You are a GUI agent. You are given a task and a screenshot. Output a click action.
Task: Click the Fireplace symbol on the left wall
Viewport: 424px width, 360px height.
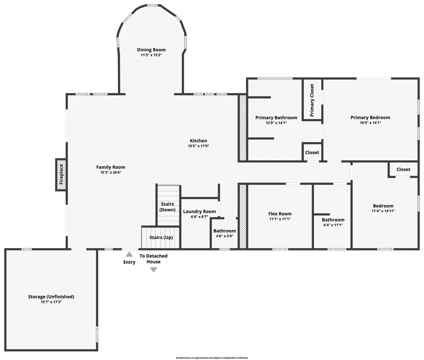coord(61,174)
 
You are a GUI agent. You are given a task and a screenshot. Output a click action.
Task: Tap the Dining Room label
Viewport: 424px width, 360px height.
coord(152,50)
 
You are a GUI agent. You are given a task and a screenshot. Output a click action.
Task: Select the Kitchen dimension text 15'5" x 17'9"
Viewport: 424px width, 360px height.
coord(198,146)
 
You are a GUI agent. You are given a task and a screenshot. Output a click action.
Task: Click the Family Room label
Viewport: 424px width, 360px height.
coord(111,167)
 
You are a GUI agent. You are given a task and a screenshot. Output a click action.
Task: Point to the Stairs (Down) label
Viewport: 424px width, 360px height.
coord(167,207)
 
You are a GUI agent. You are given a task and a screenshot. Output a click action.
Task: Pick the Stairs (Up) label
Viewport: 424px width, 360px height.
coord(161,237)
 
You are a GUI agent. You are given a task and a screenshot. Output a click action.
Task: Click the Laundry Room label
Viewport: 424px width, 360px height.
coord(199,211)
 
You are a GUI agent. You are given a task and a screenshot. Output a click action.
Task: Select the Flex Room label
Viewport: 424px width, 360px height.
coord(280,214)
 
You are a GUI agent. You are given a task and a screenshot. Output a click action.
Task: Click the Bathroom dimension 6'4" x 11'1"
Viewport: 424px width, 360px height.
coord(333,225)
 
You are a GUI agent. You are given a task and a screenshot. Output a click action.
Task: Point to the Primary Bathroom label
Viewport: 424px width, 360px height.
coord(276,118)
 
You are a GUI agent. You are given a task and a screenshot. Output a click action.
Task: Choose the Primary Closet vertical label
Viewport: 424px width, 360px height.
coord(312,100)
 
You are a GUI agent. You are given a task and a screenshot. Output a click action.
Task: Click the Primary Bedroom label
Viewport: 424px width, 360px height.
coord(370,117)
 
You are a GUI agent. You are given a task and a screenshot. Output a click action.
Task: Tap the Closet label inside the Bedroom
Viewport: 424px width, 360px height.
coord(403,169)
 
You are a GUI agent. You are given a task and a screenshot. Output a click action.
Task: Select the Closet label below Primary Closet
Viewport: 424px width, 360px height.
coord(312,152)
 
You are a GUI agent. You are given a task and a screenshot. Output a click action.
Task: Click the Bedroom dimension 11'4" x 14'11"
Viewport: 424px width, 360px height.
coord(383,211)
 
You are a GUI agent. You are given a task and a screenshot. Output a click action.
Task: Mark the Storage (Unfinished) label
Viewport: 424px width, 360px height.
coord(51,297)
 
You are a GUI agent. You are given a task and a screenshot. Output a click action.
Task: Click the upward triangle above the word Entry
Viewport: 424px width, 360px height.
coord(129,254)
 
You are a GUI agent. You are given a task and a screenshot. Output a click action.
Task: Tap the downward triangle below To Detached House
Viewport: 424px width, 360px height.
coord(154,270)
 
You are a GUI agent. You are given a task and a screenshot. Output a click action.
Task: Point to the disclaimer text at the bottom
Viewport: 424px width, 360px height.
coord(212,358)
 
